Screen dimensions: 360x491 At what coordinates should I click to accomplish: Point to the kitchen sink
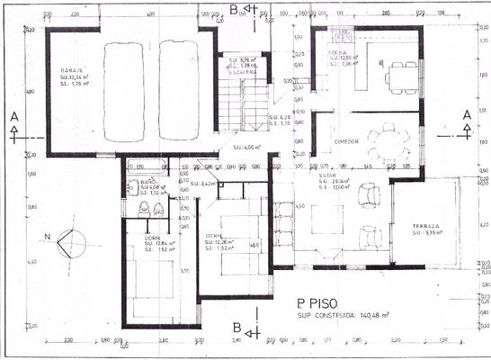(342, 37)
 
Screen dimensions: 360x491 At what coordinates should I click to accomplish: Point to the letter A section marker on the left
(13, 116)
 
